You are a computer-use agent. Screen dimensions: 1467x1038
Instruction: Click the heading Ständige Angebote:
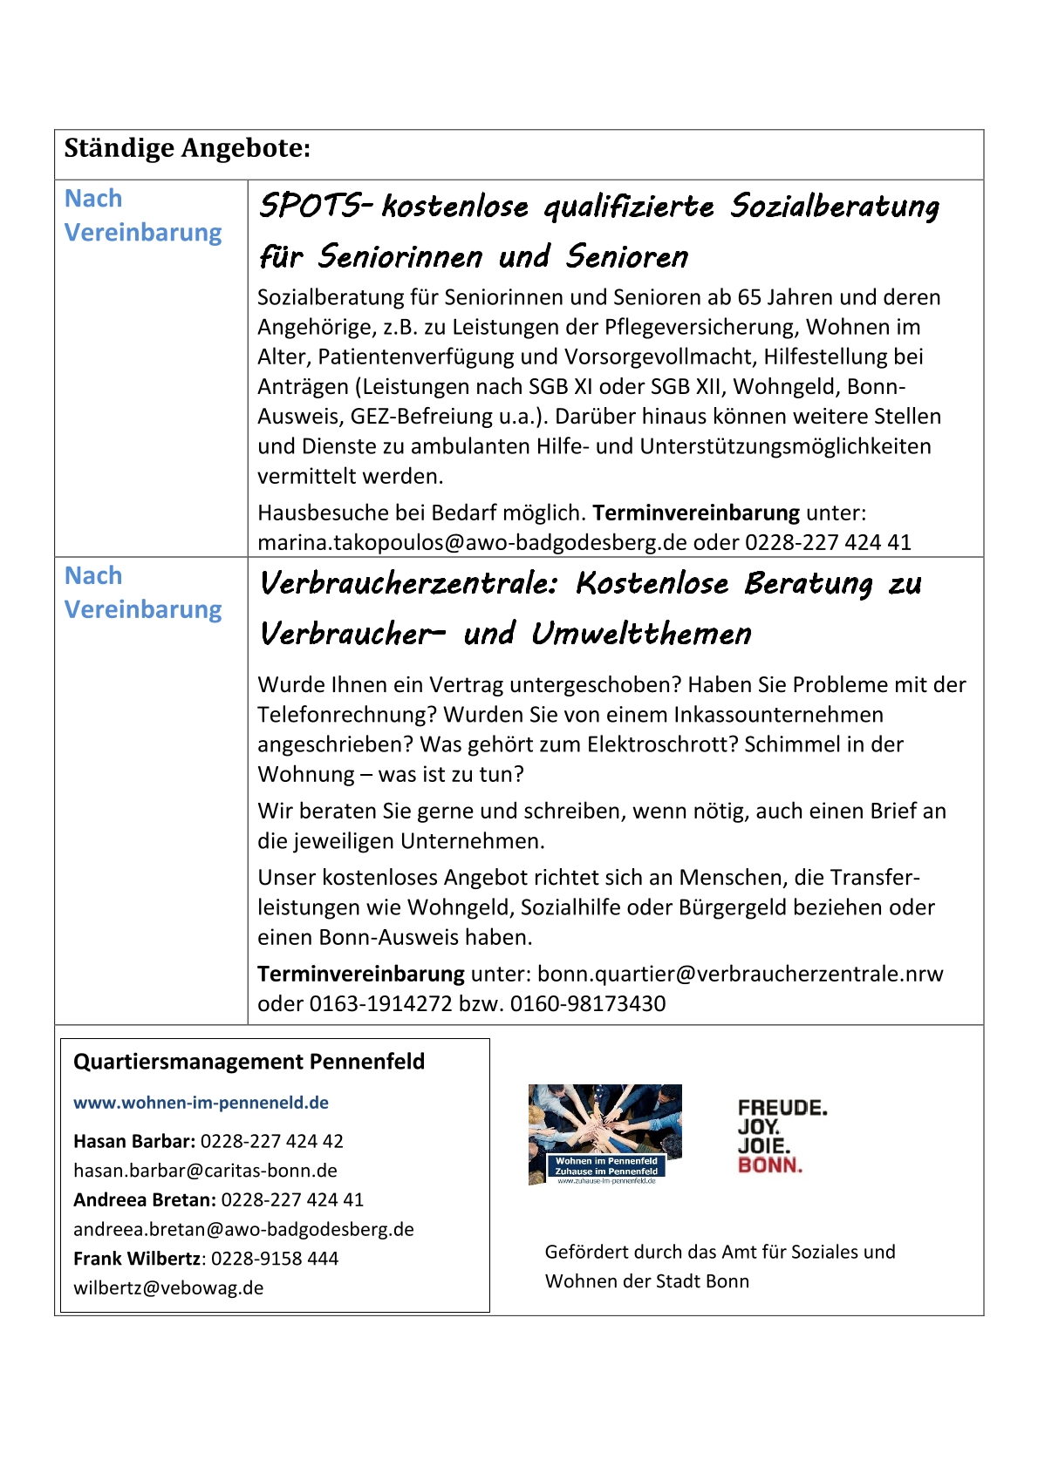click(187, 148)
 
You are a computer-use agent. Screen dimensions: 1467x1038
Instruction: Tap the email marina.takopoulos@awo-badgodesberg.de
click(472, 542)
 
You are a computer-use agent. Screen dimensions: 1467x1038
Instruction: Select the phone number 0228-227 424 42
click(271, 1141)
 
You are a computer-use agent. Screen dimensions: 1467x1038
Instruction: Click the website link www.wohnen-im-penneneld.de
click(201, 1103)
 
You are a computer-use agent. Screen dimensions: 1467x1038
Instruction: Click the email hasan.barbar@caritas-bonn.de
click(205, 1171)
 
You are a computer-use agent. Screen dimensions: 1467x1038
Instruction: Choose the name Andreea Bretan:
click(144, 1199)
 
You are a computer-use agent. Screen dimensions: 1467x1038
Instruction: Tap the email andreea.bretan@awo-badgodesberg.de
click(243, 1229)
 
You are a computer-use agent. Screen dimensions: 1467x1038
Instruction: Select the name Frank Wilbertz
click(137, 1259)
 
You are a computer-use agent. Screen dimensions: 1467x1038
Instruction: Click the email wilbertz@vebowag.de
click(168, 1288)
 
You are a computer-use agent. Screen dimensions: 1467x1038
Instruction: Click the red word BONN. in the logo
click(769, 1165)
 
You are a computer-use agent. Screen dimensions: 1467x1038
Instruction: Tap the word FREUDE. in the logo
click(782, 1108)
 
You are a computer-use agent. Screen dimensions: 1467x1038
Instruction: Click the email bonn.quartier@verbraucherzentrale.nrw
click(740, 974)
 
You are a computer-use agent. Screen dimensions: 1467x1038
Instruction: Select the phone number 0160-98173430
click(588, 1003)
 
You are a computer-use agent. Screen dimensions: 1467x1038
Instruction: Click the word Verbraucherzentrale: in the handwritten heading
click(408, 583)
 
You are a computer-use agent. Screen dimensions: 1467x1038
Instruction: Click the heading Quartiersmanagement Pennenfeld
click(249, 1062)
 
